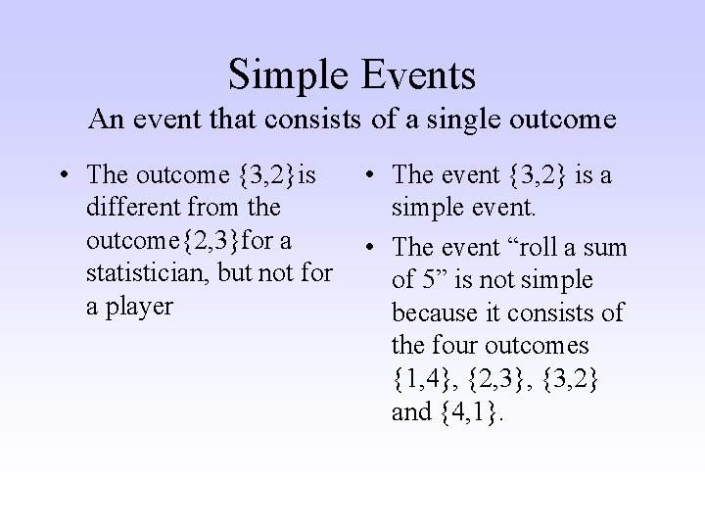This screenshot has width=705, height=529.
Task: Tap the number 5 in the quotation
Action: [x=422, y=280]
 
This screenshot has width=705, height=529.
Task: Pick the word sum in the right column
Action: [x=606, y=248]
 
